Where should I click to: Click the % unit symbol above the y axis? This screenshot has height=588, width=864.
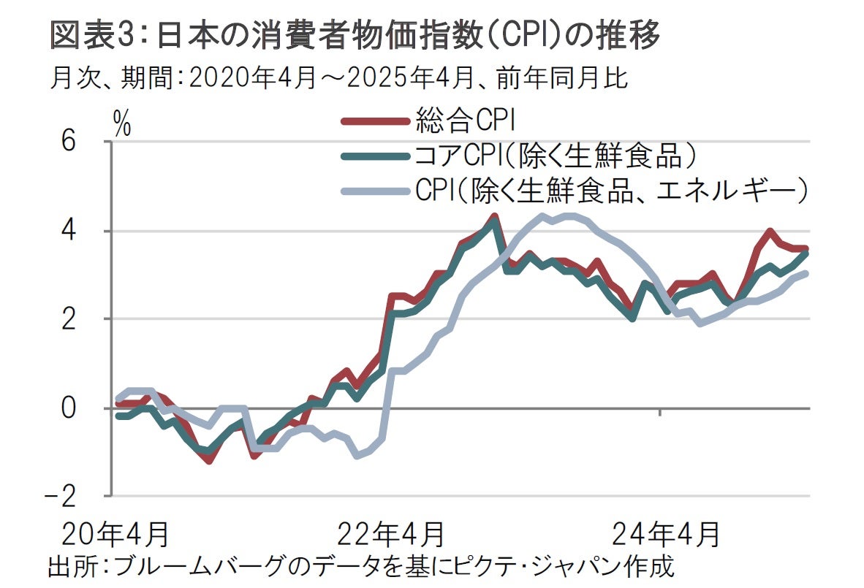[122, 124]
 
